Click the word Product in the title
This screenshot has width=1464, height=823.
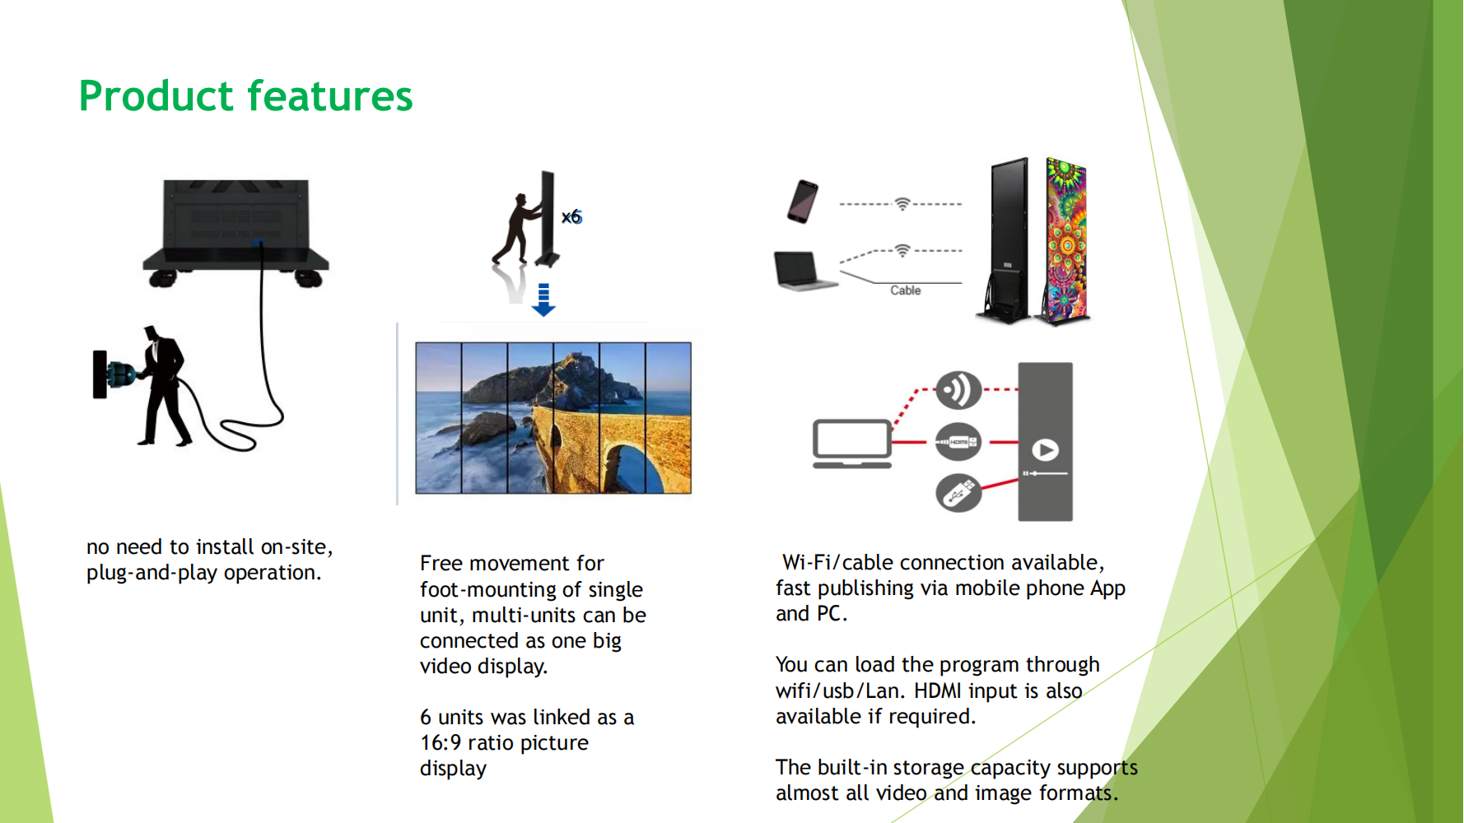156,96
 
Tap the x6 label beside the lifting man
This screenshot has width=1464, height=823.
571,217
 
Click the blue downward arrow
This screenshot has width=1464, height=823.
543,300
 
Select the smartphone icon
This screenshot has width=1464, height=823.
803,202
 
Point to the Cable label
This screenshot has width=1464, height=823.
905,291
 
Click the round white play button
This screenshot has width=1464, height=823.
1045,450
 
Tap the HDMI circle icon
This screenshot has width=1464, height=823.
958,442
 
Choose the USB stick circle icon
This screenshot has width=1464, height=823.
958,493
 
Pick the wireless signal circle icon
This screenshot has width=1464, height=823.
958,389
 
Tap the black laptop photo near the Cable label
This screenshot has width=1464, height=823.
804,271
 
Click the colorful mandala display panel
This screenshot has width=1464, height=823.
1065,240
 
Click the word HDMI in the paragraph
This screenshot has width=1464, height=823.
938,691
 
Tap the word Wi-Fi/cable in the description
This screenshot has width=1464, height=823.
838,563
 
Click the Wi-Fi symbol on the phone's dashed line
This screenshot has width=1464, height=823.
902,203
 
